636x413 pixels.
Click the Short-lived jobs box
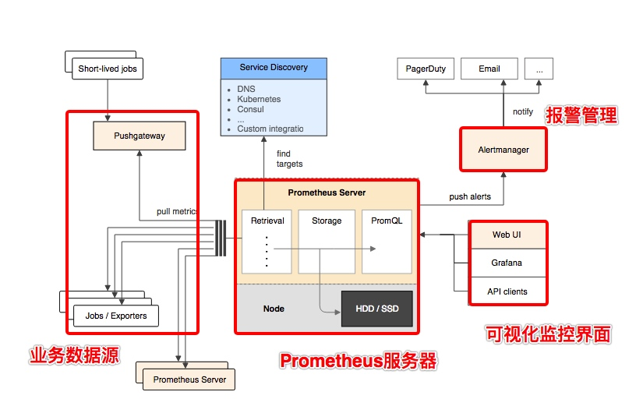pos(108,69)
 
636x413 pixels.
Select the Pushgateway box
pos(140,136)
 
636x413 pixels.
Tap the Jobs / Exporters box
pos(116,316)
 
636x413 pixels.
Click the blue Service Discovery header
pos(273,68)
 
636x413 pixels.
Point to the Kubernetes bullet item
pos(259,100)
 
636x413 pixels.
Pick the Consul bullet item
pos(250,109)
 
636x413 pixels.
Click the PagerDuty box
pos(426,69)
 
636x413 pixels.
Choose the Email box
pos(489,69)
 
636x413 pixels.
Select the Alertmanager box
pos(503,149)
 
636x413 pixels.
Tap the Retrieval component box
pos(267,241)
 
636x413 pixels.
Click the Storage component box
pos(327,241)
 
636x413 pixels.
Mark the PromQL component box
pos(387,241)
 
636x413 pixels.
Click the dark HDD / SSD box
pos(377,309)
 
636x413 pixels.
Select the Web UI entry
pos(507,235)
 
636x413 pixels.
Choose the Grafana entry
pos(507,263)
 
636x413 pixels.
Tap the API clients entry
pos(507,291)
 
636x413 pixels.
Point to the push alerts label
pos(470,196)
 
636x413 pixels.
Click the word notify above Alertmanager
pos(523,111)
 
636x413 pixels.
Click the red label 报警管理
pos(581,115)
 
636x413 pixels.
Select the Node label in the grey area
pos(274,309)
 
